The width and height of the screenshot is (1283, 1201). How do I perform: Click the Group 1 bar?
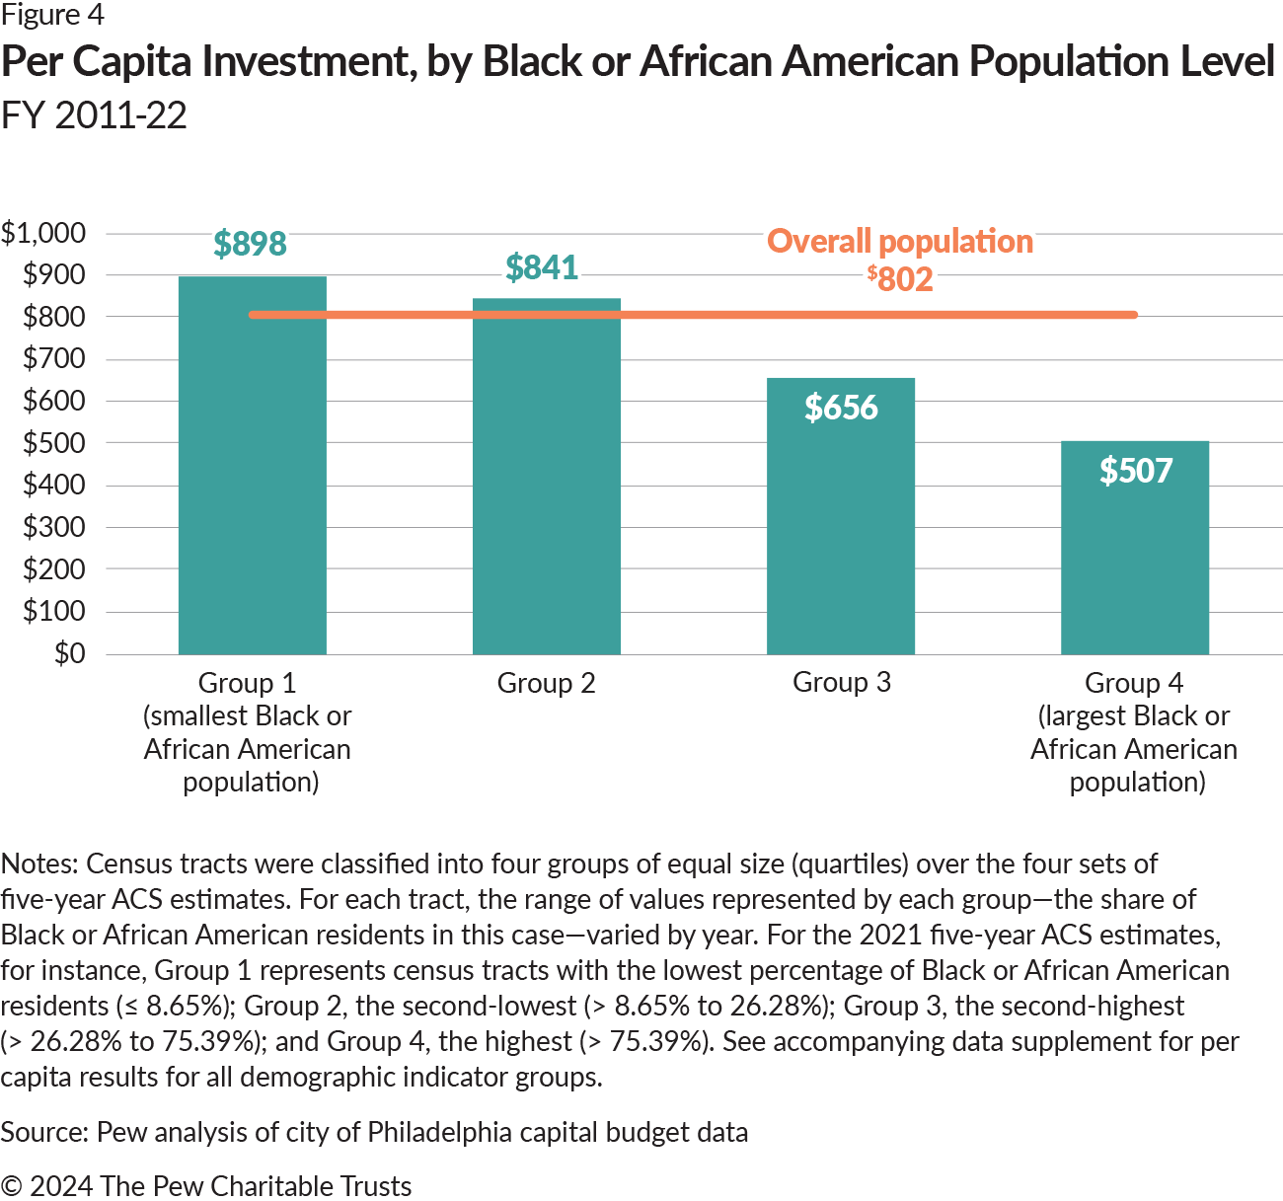(252, 493)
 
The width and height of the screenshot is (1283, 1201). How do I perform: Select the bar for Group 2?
(546, 493)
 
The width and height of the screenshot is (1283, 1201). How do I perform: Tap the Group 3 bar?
(840, 533)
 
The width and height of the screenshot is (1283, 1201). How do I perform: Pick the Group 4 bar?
(1134, 563)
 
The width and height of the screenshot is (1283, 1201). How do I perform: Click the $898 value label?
(250, 244)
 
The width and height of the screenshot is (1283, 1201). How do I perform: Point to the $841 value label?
(541, 267)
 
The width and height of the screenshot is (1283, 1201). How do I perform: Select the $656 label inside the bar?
(840, 408)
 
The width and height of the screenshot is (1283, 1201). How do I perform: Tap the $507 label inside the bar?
(1135, 471)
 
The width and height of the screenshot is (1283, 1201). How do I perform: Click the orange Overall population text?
(899, 241)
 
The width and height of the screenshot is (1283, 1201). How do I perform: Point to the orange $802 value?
(900, 278)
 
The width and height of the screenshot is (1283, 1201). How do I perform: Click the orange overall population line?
(691, 315)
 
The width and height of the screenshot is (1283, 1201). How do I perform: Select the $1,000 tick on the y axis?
(43, 233)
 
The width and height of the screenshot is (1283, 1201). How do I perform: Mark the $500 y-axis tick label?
(53, 443)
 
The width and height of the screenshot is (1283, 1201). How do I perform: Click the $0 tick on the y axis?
(69, 653)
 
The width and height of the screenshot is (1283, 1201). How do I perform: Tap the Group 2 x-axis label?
(546, 683)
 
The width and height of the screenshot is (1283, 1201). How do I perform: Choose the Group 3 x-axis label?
(841, 682)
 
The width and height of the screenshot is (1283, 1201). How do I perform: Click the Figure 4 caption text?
(51, 15)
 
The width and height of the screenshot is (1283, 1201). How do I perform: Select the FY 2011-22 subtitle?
(94, 115)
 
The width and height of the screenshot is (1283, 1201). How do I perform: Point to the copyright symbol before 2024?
(11, 1186)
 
